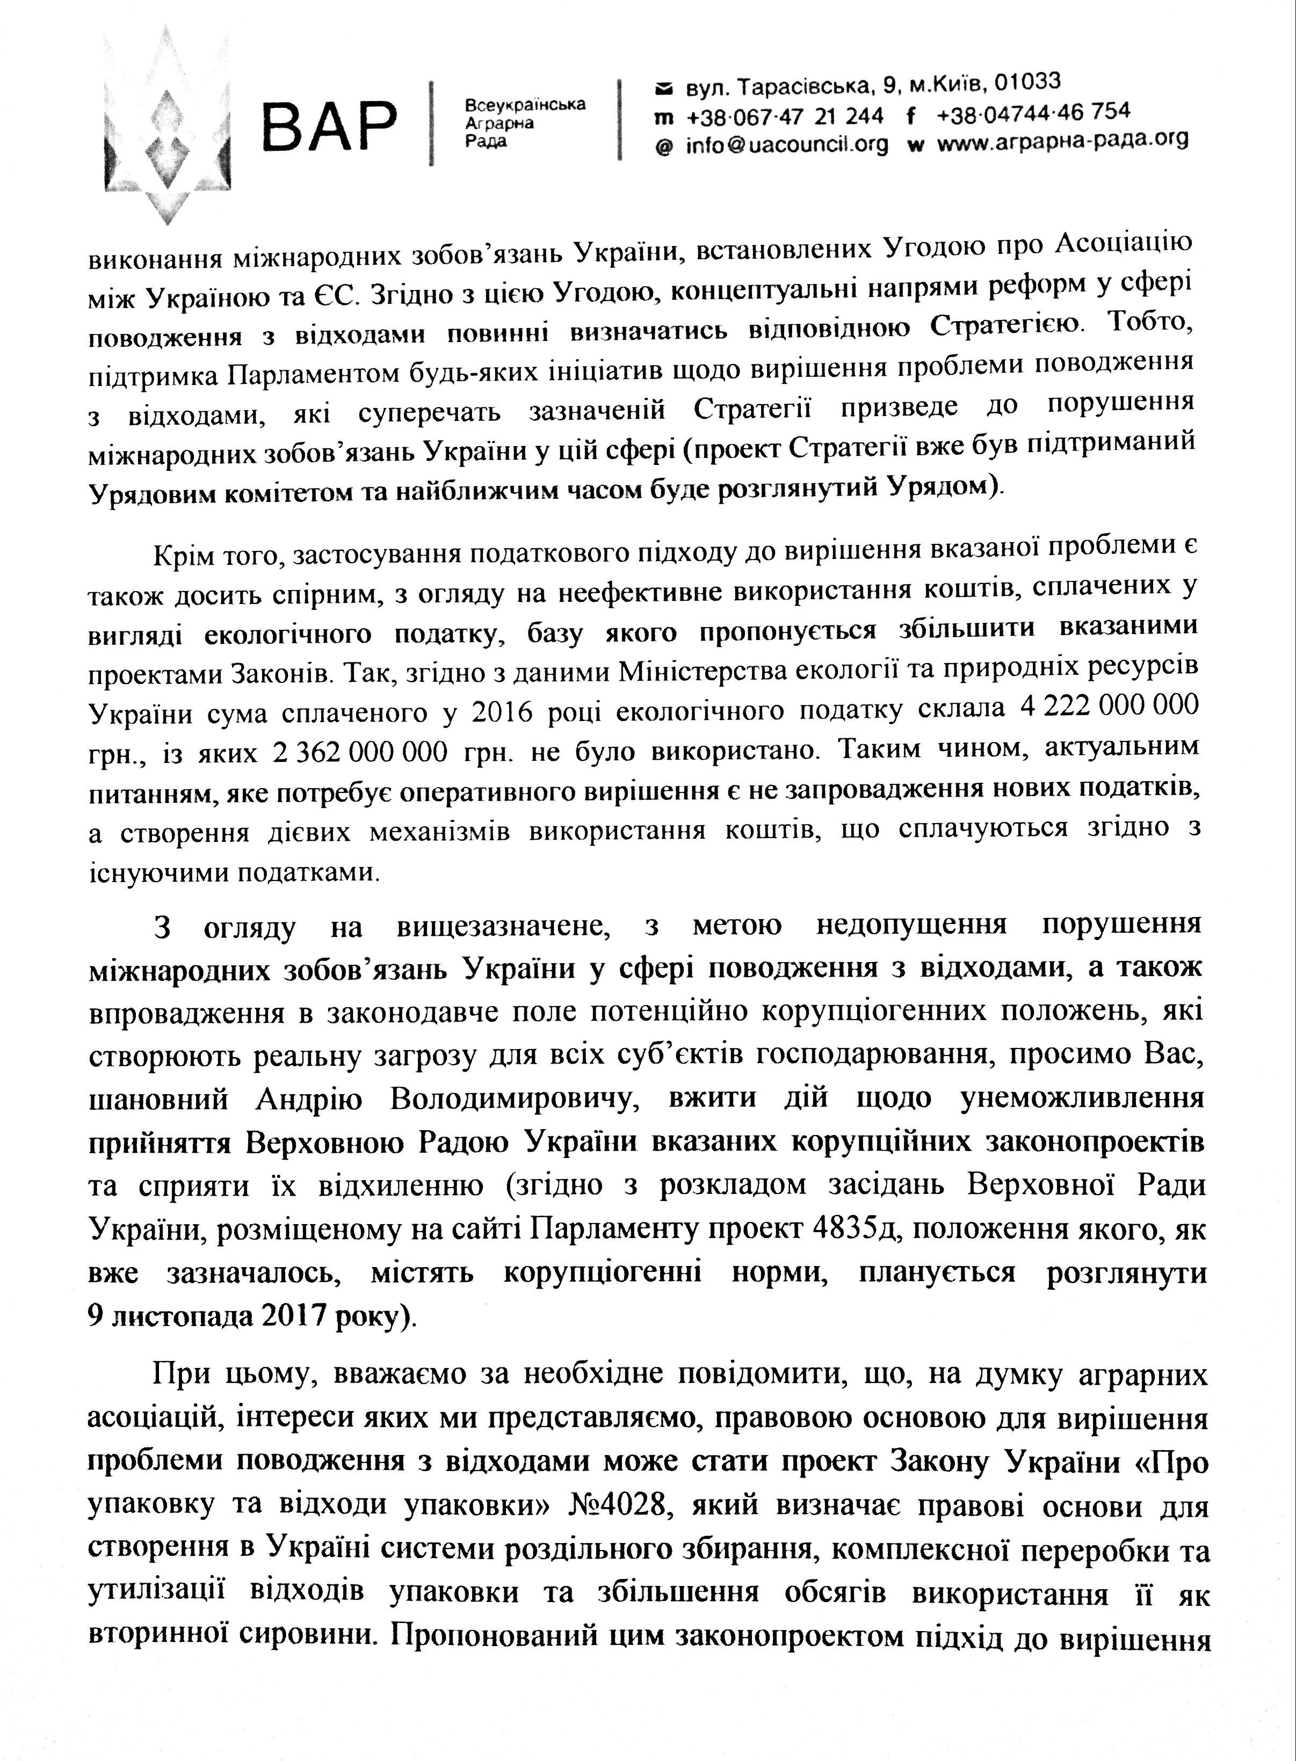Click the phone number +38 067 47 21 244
[x=785, y=116]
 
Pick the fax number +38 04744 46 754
[x=1033, y=113]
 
